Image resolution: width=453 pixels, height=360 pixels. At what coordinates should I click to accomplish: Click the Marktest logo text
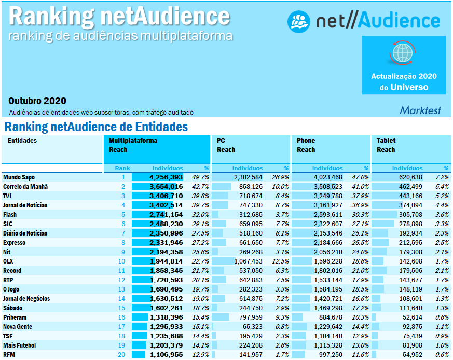click(x=420, y=110)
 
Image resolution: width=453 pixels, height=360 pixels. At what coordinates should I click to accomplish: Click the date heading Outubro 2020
click(x=37, y=101)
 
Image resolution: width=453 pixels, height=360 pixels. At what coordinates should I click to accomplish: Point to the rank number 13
click(x=122, y=289)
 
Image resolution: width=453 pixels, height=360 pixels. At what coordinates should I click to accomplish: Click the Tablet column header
click(x=386, y=141)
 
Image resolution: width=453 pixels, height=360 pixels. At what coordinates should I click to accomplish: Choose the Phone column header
click(x=306, y=141)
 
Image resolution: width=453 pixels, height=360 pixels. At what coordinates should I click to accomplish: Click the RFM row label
click(x=10, y=355)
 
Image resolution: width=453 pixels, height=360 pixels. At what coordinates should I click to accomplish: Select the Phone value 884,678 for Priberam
click(x=328, y=317)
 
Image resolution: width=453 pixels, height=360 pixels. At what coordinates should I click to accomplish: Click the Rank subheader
click(x=122, y=168)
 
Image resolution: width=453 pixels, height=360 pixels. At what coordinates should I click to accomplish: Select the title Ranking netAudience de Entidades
click(x=96, y=127)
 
